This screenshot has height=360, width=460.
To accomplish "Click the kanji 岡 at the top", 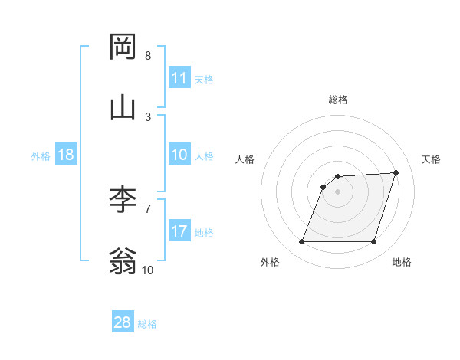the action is pos(123,47).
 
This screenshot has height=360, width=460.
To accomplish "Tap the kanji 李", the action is pos(123,198).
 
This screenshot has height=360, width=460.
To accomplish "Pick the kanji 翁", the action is pos(123,260).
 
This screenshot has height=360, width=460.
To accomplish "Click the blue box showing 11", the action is pos(179,78).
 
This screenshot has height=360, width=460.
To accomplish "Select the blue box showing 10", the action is pos(179,155).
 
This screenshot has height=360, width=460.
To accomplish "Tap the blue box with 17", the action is pos(179,231).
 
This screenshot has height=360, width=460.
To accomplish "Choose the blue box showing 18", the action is pos(66,155).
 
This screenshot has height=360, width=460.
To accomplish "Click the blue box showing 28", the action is pos(123,322).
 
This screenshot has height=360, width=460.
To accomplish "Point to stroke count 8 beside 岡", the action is pos(148,56).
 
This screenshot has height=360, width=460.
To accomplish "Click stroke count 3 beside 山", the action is pos(148,116).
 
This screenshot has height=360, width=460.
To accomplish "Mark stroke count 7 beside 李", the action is pos(148,208).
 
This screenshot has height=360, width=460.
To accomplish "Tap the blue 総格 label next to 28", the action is pos(147,324).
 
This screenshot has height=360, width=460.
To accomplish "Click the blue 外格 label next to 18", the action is pos(41,156).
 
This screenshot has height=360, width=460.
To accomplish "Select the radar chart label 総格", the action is pos(338,100).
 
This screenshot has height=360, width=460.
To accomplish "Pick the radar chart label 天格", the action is pos(432,159).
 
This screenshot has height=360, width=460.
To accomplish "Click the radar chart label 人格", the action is pos(245,159).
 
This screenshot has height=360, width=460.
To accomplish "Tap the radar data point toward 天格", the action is pos(396,172).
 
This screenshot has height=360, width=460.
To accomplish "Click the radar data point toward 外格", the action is pos(301,242).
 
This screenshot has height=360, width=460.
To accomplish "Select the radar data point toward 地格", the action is pos(374,242).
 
